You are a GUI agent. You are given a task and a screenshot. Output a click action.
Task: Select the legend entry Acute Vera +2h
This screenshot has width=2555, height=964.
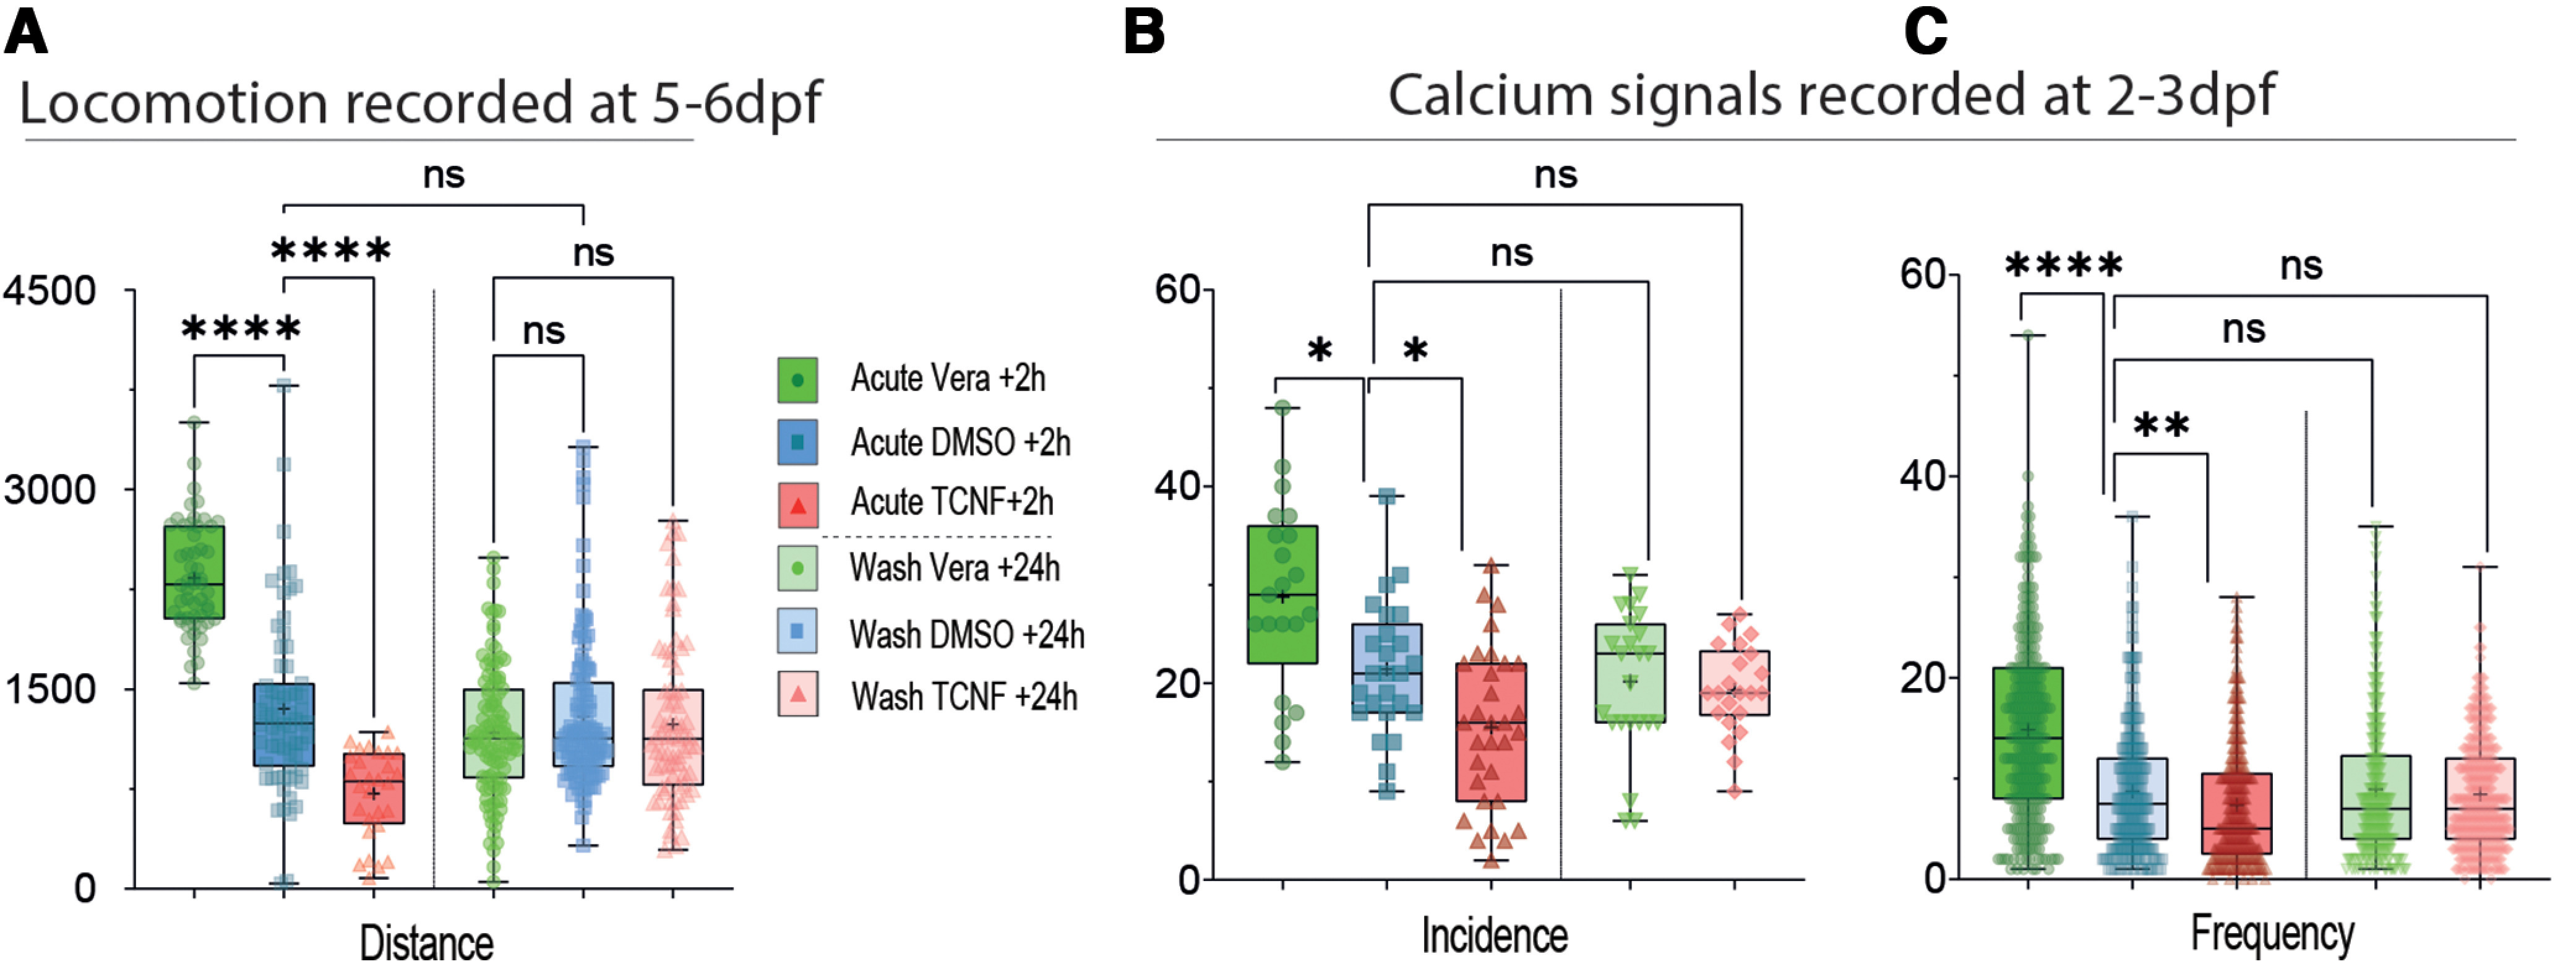click(947, 379)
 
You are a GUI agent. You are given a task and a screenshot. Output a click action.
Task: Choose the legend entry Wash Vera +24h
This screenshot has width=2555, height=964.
click(954, 568)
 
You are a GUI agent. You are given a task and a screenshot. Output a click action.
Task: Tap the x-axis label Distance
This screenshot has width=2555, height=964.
click(426, 942)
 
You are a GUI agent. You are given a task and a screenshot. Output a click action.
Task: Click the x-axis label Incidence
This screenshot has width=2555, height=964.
click(1495, 936)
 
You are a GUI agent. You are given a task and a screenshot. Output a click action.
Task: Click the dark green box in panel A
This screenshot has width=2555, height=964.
click(194, 572)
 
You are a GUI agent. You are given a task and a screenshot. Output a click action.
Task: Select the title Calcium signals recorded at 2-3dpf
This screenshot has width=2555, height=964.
click(1831, 96)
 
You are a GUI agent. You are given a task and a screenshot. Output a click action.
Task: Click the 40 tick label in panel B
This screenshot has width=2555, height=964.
click(1179, 487)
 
